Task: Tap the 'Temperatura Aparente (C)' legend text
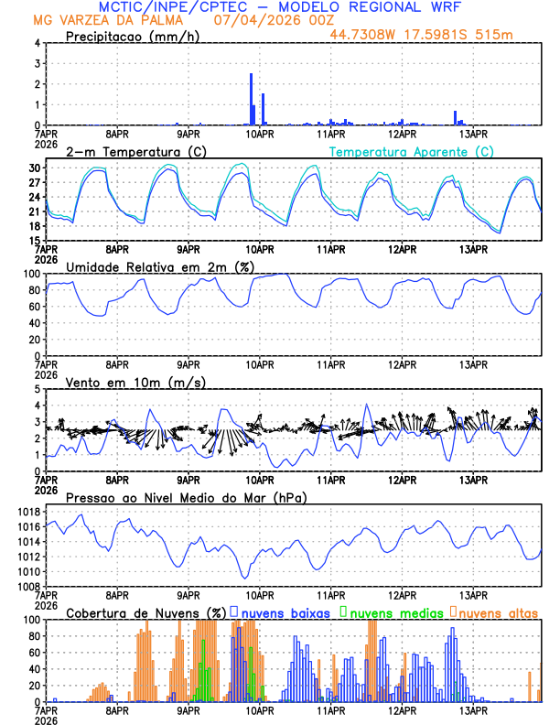(412, 151)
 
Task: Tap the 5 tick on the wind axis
(38, 389)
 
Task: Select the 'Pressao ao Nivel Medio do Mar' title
(186, 497)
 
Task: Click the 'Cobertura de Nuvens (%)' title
(145, 612)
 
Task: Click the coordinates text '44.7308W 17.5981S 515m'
(421, 36)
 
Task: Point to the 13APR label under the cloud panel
(473, 710)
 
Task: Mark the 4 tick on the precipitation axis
(38, 43)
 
